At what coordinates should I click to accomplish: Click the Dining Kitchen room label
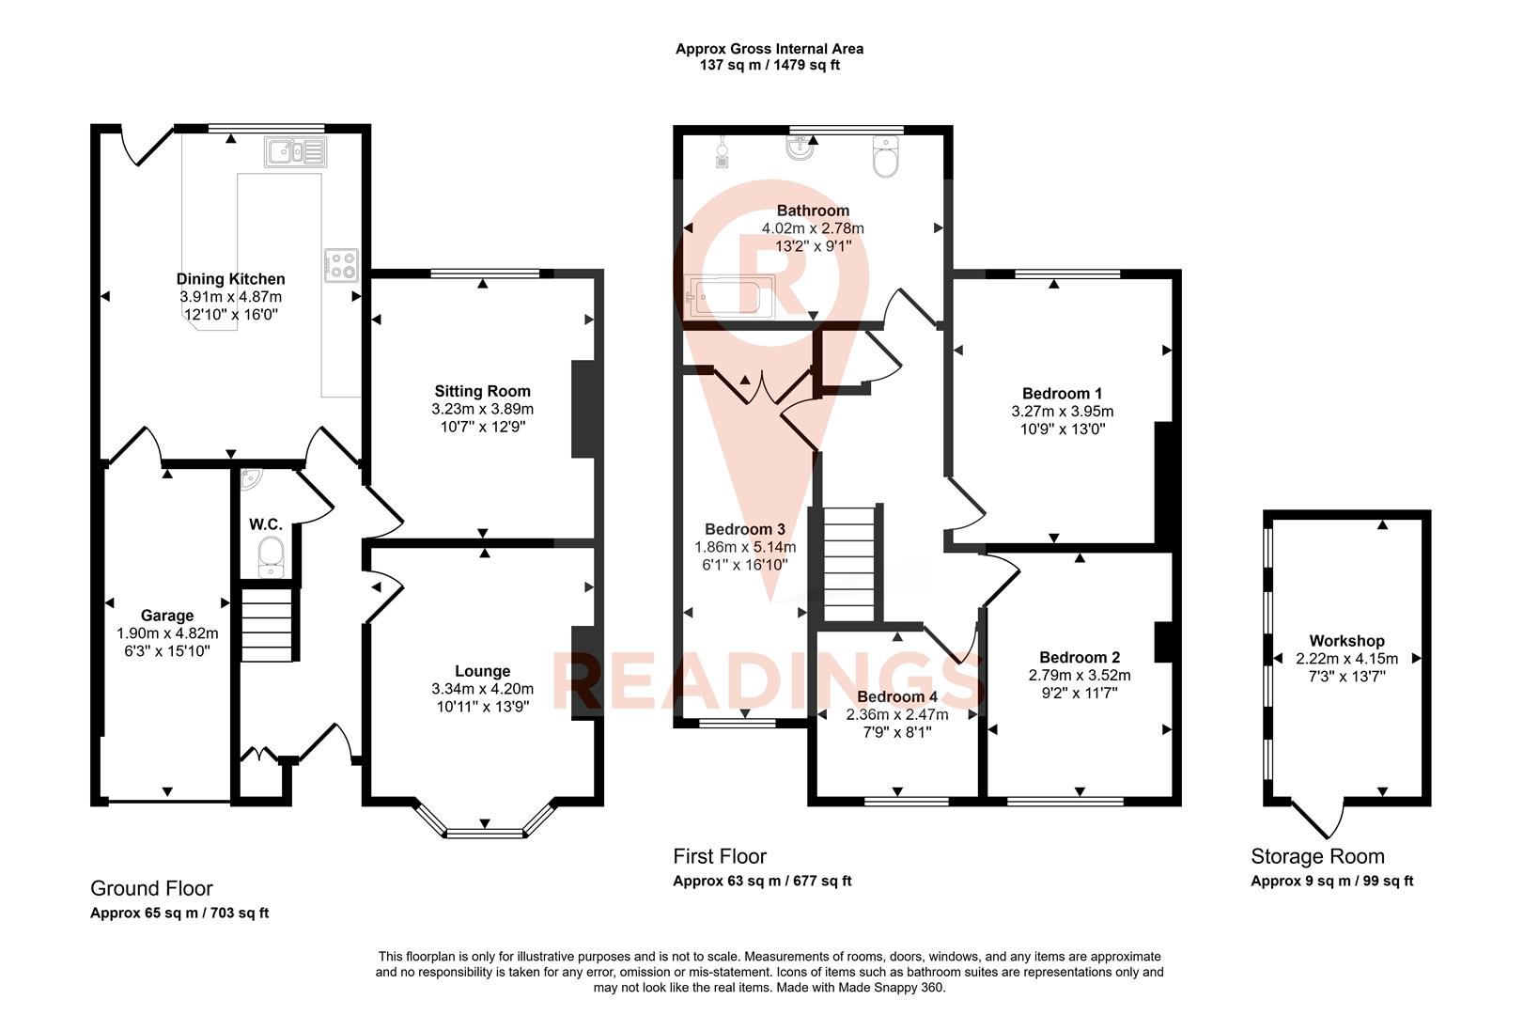(x=230, y=279)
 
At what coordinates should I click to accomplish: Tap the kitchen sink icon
(x=294, y=151)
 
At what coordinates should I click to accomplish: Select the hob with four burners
(x=341, y=265)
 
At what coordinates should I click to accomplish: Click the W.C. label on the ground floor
(x=266, y=524)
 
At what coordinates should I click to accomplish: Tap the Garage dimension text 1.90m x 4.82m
(x=167, y=633)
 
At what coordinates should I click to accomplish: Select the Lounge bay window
(x=484, y=831)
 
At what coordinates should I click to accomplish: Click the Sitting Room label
(x=482, y=391)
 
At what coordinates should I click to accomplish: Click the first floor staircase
(x=848, y=564)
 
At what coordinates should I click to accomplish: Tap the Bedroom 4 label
(x=897, y=697)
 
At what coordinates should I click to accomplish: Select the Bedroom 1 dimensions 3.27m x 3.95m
(x=1063, y=412)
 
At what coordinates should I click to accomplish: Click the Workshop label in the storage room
(x=1346, y=641)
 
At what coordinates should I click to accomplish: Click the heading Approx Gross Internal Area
(x=769, y=49)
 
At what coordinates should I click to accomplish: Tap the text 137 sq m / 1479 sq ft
(x=769, y=66)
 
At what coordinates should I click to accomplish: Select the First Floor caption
(x=720, y=856)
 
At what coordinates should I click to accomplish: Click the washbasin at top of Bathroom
(x=800, y=149)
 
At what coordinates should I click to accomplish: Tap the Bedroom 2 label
(x=1080, y=658)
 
